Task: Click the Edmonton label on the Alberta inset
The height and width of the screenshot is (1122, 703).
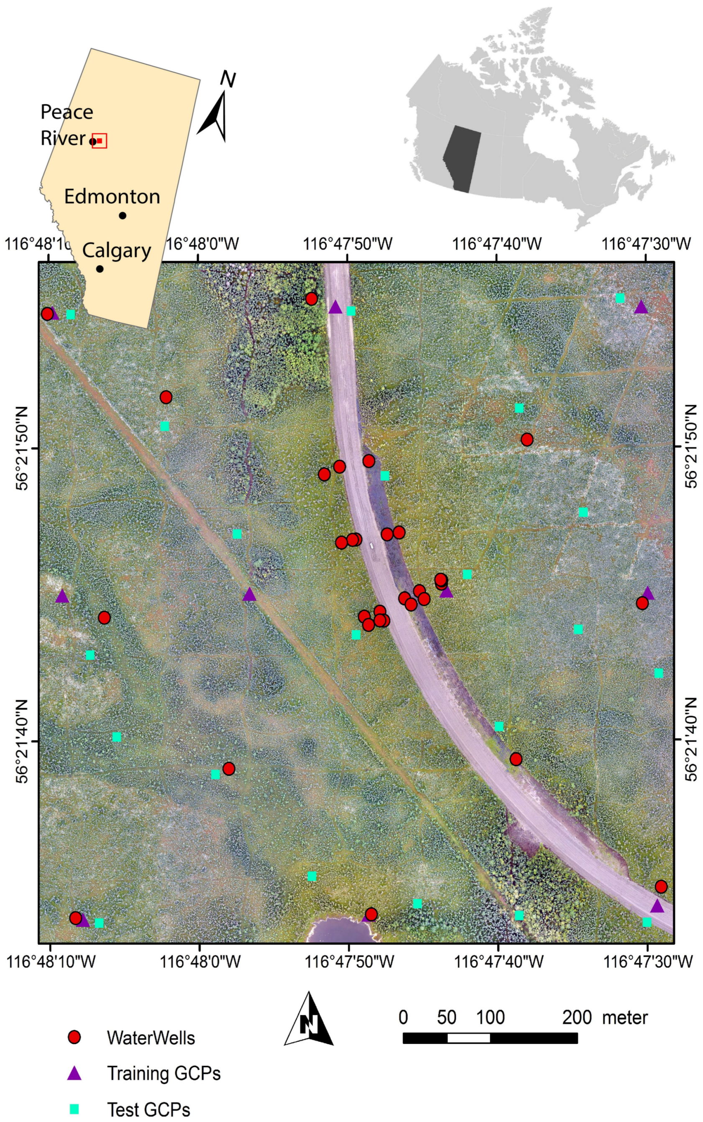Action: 112,196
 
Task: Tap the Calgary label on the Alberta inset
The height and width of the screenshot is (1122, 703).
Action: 117,250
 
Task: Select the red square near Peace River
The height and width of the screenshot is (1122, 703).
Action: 100,140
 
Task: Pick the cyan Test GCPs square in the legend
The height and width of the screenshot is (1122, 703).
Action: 74,1109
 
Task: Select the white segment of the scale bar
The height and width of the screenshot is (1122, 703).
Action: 468,1038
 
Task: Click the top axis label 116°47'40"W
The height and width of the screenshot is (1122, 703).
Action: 497,244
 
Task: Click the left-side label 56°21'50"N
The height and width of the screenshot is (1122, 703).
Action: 22,448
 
